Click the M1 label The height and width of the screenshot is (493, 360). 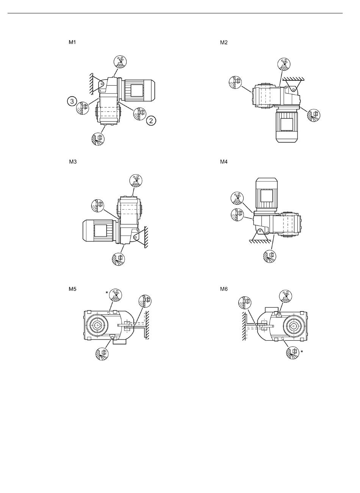click(72, 42)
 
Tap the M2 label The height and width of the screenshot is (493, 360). click(224, 42)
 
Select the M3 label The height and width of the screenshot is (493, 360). click(73, 162)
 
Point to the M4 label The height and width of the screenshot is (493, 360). click(224, 162)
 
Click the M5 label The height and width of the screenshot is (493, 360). click(72, 289)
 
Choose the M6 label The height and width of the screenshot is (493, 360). click(224, 289)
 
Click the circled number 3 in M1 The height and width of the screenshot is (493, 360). click(72, 102)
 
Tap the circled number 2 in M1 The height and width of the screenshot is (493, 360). click(151, 121)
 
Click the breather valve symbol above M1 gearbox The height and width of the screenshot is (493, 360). click(120, 61)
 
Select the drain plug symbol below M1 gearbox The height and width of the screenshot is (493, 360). click(98, 139)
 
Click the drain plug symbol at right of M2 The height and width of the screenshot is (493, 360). click(314, 115)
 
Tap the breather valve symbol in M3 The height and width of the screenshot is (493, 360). click(136, 181)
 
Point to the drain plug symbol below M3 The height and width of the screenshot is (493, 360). click(118, 259)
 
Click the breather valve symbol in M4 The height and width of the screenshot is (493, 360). click(237, 198)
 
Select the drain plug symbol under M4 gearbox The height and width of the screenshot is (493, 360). click(270, 256)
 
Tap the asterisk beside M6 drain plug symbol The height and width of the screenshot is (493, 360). click(302, 352)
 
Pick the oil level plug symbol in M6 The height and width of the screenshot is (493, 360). click(245, 303)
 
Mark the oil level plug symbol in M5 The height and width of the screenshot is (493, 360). click(145, 301)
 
